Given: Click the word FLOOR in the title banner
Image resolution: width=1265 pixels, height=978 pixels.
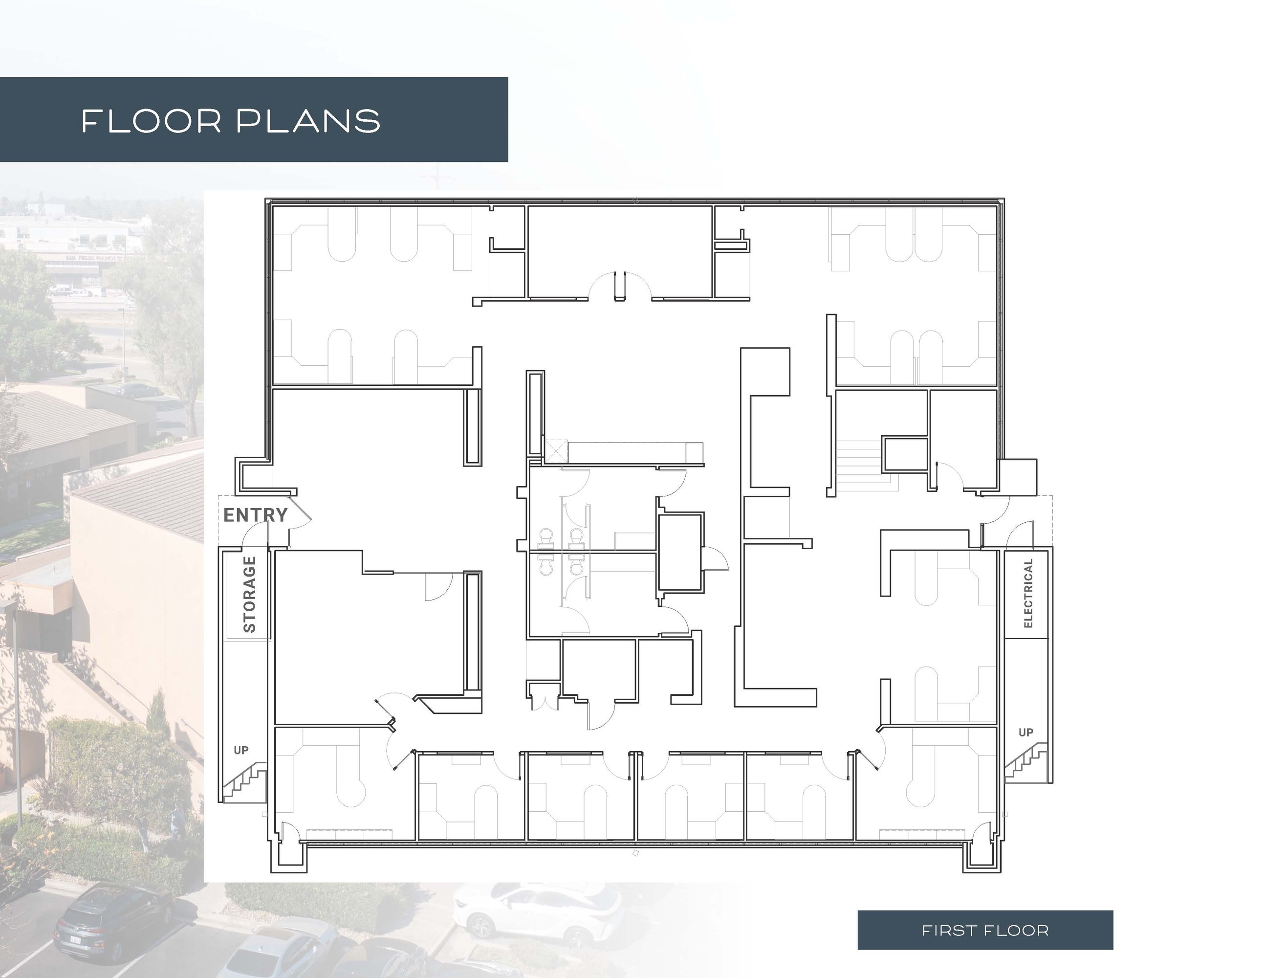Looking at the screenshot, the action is [x=151, y=121].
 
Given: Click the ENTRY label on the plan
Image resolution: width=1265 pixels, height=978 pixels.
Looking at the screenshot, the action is [x=256, y=515].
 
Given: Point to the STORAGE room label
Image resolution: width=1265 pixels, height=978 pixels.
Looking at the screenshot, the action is [x=249, y=595].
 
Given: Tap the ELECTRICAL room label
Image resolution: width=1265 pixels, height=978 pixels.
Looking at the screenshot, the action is [x=1028, y=593].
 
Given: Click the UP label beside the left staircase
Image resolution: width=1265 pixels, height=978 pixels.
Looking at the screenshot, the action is [x=241, y=750].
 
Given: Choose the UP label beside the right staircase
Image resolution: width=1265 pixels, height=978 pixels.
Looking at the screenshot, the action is [x=1026, y=733].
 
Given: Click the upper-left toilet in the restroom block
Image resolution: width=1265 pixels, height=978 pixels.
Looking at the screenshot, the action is [x=545, y=536].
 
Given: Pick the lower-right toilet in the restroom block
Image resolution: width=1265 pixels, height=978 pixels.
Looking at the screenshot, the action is [x=576, y=567].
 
